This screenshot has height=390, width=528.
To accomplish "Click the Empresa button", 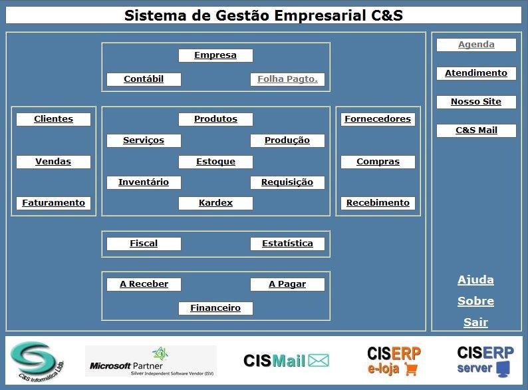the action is point(215,55).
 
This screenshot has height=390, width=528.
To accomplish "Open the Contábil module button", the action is point(144,79).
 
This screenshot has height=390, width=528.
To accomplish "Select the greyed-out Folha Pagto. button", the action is point(287,79).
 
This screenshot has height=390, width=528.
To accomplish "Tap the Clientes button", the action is point(53,119).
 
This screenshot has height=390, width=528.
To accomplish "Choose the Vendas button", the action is point(53,162).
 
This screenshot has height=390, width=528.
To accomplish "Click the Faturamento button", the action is point(53,203).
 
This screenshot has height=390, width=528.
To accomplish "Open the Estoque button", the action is point(215,162).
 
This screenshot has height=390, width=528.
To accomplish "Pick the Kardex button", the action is point(215,203).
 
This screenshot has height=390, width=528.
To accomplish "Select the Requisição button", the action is point(287,182).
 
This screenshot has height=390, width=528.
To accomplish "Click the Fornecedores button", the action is point(378,119).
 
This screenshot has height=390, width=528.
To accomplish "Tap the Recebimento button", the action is point(378,203).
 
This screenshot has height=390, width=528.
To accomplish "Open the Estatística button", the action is point(287,244).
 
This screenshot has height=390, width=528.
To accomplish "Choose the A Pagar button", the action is point(287,284).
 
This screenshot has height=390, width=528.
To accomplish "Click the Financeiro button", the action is point(215,308).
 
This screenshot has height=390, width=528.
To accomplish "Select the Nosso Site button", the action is point(476,102).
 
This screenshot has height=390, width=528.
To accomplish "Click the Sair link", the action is point(475,323).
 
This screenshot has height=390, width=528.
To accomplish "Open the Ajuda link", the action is point(475,280).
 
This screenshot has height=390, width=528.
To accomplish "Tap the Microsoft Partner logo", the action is point(151,361).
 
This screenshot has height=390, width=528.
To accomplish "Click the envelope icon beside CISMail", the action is point(319,361).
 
